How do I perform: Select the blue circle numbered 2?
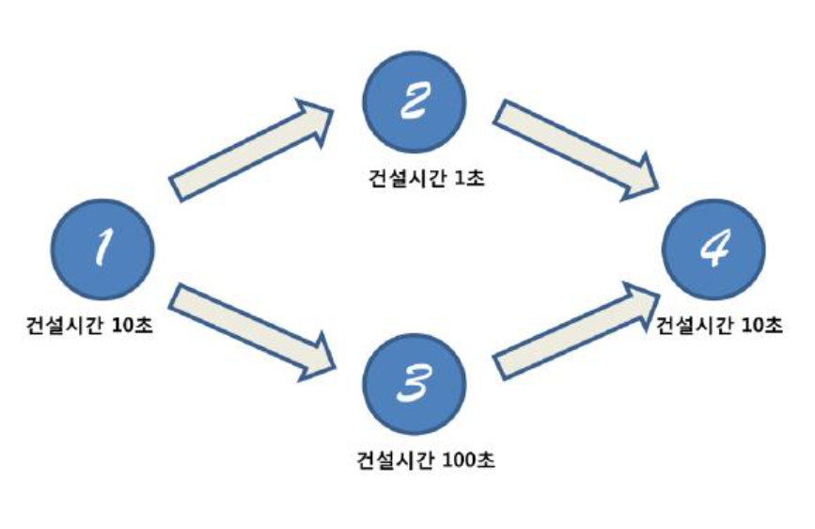414,104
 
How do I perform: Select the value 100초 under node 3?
469,461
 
